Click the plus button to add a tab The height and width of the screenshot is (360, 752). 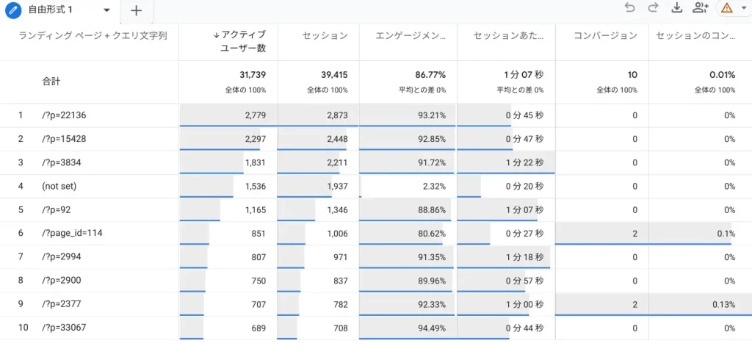pos(136,10)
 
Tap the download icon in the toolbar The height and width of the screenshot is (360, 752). pos(676,8)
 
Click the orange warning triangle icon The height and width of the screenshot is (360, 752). pos(727,8)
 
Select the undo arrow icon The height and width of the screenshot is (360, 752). pos(629,8)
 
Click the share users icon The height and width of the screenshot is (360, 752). pos(700,8)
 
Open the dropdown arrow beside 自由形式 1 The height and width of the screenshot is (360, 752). pos(107,10)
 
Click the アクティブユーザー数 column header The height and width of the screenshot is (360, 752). pos(242,41)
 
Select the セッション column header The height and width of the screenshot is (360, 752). pos(325,35)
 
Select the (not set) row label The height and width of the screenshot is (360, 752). pos(59,187)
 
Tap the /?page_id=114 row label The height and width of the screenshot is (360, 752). pos(72,234)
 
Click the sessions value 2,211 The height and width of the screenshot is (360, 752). pos(334,163)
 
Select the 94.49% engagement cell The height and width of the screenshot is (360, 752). pos(428,328)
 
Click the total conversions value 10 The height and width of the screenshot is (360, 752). pos(632,75)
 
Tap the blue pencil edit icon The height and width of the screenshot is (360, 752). pos(12,10)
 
